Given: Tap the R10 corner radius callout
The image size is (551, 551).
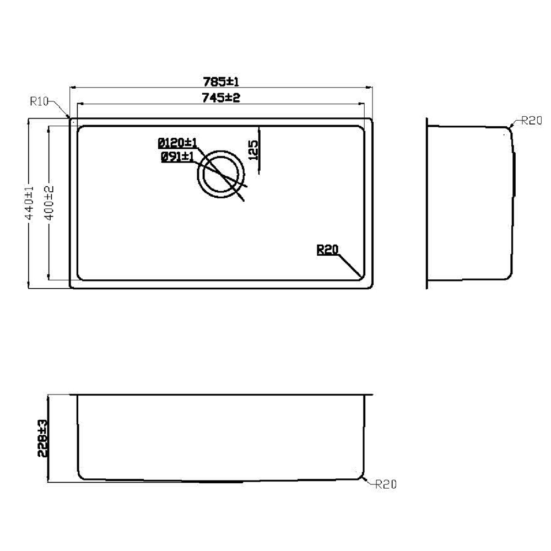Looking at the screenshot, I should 40,101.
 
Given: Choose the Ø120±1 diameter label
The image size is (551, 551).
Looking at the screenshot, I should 177,143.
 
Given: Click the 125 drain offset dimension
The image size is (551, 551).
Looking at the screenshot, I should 253,149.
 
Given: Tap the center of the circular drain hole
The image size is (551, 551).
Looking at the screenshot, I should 221,173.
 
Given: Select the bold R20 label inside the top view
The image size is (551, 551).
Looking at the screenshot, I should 327,250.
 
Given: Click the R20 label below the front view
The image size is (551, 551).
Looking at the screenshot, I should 386,485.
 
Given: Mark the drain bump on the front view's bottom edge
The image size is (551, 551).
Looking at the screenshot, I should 220,480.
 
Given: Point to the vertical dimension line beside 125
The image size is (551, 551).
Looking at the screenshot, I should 258,149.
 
